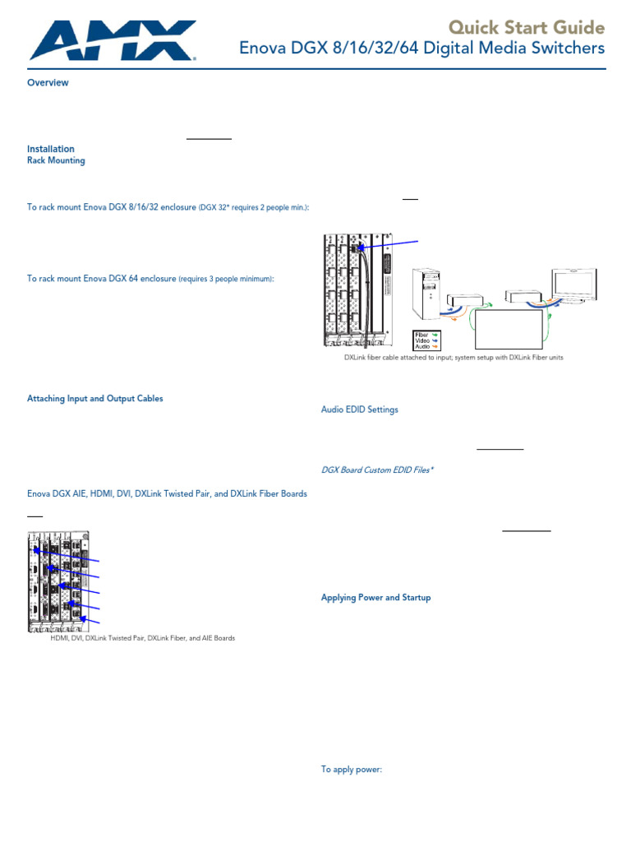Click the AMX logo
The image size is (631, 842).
(x=112, y=40)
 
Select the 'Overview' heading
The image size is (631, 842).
(x=48, y=83)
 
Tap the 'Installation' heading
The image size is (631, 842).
(x=51, y=149)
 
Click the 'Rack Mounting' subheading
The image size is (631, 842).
(x=56, y=160)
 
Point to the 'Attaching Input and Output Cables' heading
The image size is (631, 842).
(x=95, y=398)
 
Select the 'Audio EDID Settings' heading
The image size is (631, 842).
(x=359, y=409)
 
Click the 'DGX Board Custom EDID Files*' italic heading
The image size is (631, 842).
(x=377, y=470)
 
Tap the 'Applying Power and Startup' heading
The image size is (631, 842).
(x=375, y=598)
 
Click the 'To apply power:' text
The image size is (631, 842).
(x=352, y=770)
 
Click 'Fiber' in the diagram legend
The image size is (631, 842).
(x=422, y=335)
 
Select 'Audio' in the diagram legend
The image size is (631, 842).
(x=423, y=347)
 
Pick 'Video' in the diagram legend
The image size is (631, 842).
(x=423, y=340)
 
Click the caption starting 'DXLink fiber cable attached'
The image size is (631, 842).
(x=454, y=358)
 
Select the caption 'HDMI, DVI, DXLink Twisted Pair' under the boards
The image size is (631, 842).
(x=143, y=637)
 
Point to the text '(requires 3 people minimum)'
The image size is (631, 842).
(x=227, y=279)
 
